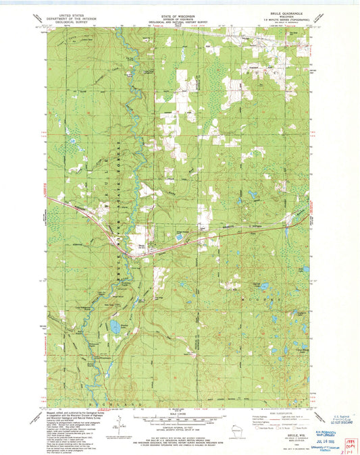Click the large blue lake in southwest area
tap(115, 329)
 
